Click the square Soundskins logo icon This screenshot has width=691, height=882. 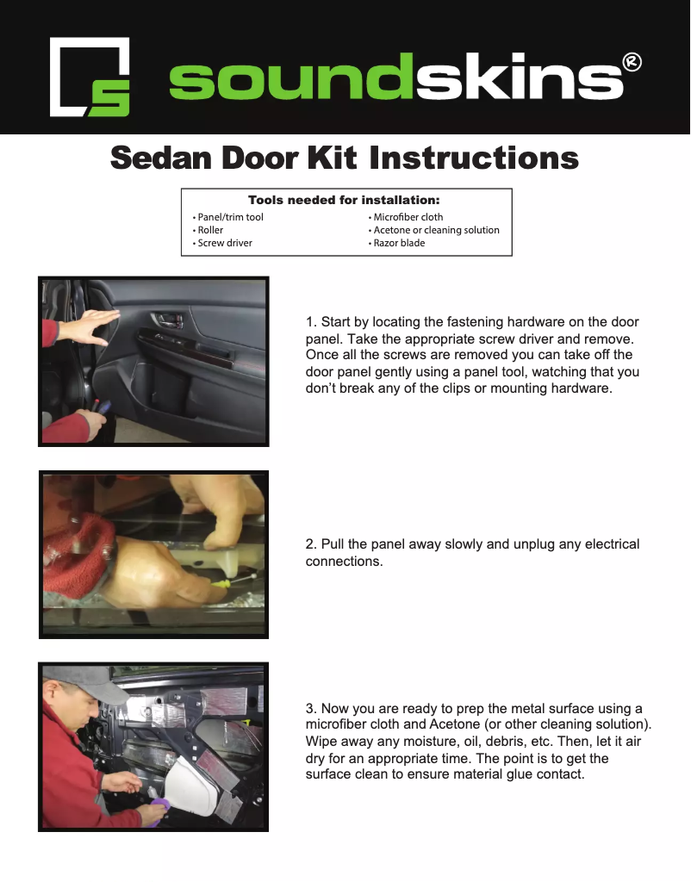[90, 78]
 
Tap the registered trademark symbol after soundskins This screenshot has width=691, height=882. [632, 62]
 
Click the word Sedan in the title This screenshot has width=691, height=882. [161, 158]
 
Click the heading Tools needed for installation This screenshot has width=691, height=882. [344, 200]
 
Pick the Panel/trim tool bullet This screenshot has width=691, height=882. [230, 217]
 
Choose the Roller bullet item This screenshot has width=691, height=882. [210, 230]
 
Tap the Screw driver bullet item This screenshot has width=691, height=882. [224, 243]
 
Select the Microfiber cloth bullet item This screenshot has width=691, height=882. [408, 217]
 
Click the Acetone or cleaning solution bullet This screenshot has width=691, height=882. [436, 230]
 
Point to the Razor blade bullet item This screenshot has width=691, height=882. [399, 243]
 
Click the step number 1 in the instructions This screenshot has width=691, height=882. [310, 323]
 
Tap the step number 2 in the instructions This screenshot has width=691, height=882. [310, 544]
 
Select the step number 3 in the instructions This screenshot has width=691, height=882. [310, 709]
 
